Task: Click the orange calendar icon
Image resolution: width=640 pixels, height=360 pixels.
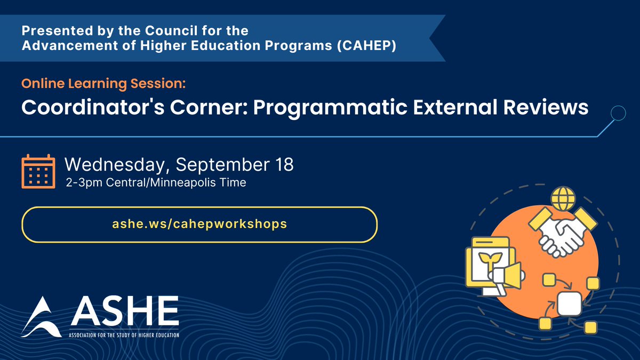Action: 38,171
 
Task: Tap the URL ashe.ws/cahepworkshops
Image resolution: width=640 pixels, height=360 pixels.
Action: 199,224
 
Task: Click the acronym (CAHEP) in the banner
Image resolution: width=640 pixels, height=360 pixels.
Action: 376,46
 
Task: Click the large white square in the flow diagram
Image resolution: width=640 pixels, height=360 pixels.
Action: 569,304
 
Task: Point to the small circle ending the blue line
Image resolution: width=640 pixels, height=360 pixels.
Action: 618,113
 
